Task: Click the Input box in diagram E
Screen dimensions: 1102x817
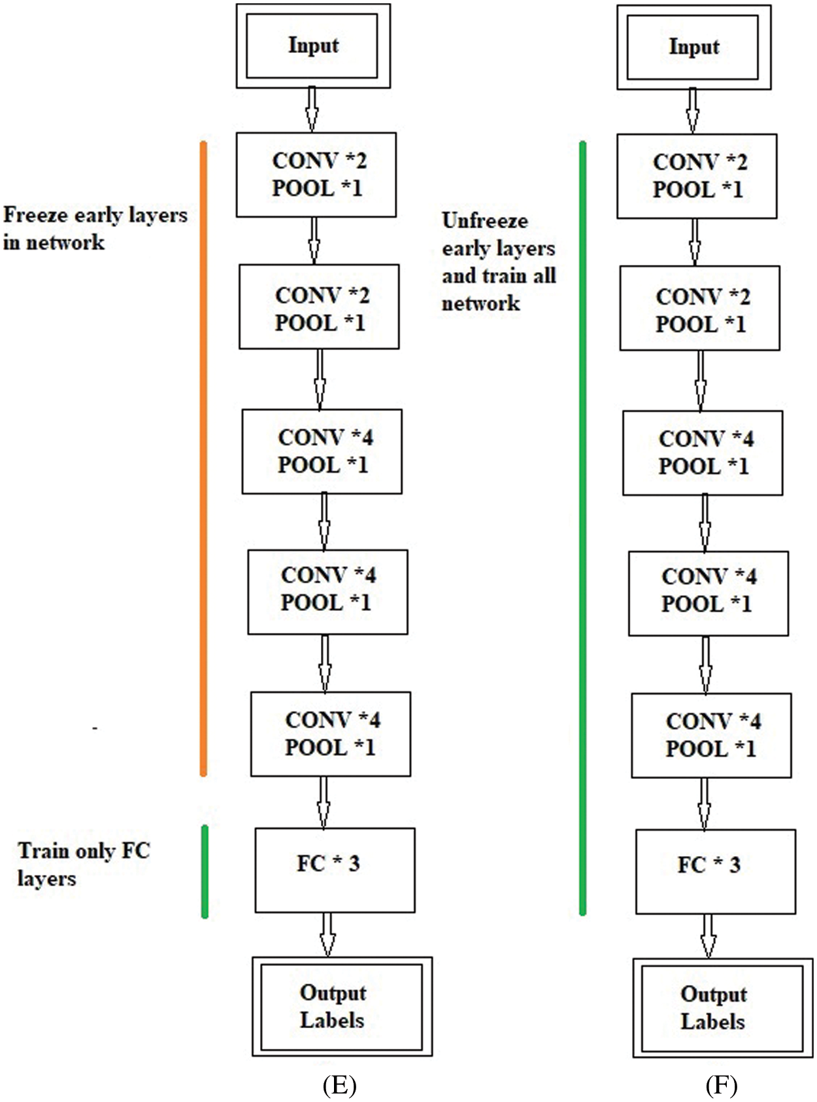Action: (313, 46)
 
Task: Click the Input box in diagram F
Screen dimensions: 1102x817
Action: (693, 47)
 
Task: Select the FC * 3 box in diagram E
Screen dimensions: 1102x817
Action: (335, 870)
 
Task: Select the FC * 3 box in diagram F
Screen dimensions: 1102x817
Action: (715, 871)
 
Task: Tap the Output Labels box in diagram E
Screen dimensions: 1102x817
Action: (342, 1007)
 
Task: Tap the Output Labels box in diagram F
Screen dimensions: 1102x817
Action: (722, 1008)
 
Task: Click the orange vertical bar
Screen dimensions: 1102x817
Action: (203, 458)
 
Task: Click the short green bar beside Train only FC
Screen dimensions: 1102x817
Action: (205, 871)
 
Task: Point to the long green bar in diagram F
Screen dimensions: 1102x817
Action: (582, 523)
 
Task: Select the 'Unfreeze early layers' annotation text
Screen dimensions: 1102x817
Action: (498, 262)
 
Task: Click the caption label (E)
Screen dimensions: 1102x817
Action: (339, 1085)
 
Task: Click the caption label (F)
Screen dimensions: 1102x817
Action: (721, 1085)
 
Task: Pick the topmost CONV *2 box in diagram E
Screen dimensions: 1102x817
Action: (316, 175)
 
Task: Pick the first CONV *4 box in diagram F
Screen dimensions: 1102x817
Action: (702, 453)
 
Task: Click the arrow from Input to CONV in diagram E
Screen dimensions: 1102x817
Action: (312, 110)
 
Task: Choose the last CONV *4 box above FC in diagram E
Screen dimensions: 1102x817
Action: (330, 734)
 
